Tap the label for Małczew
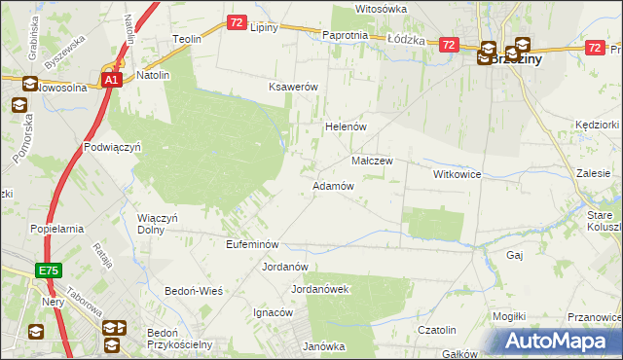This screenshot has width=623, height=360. tap(371, 161)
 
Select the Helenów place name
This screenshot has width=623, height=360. tap(344, 126)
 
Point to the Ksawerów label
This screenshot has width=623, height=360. tap(294, 87)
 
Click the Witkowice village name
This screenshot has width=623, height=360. tap(458, 173)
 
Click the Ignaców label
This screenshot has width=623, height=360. tap(273, 312)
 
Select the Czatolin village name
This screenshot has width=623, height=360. tap(437, 330)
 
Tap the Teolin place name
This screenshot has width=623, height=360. tap(186, 39)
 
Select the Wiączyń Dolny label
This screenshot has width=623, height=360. tap(158, 224)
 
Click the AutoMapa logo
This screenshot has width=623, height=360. tap(560, 341)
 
